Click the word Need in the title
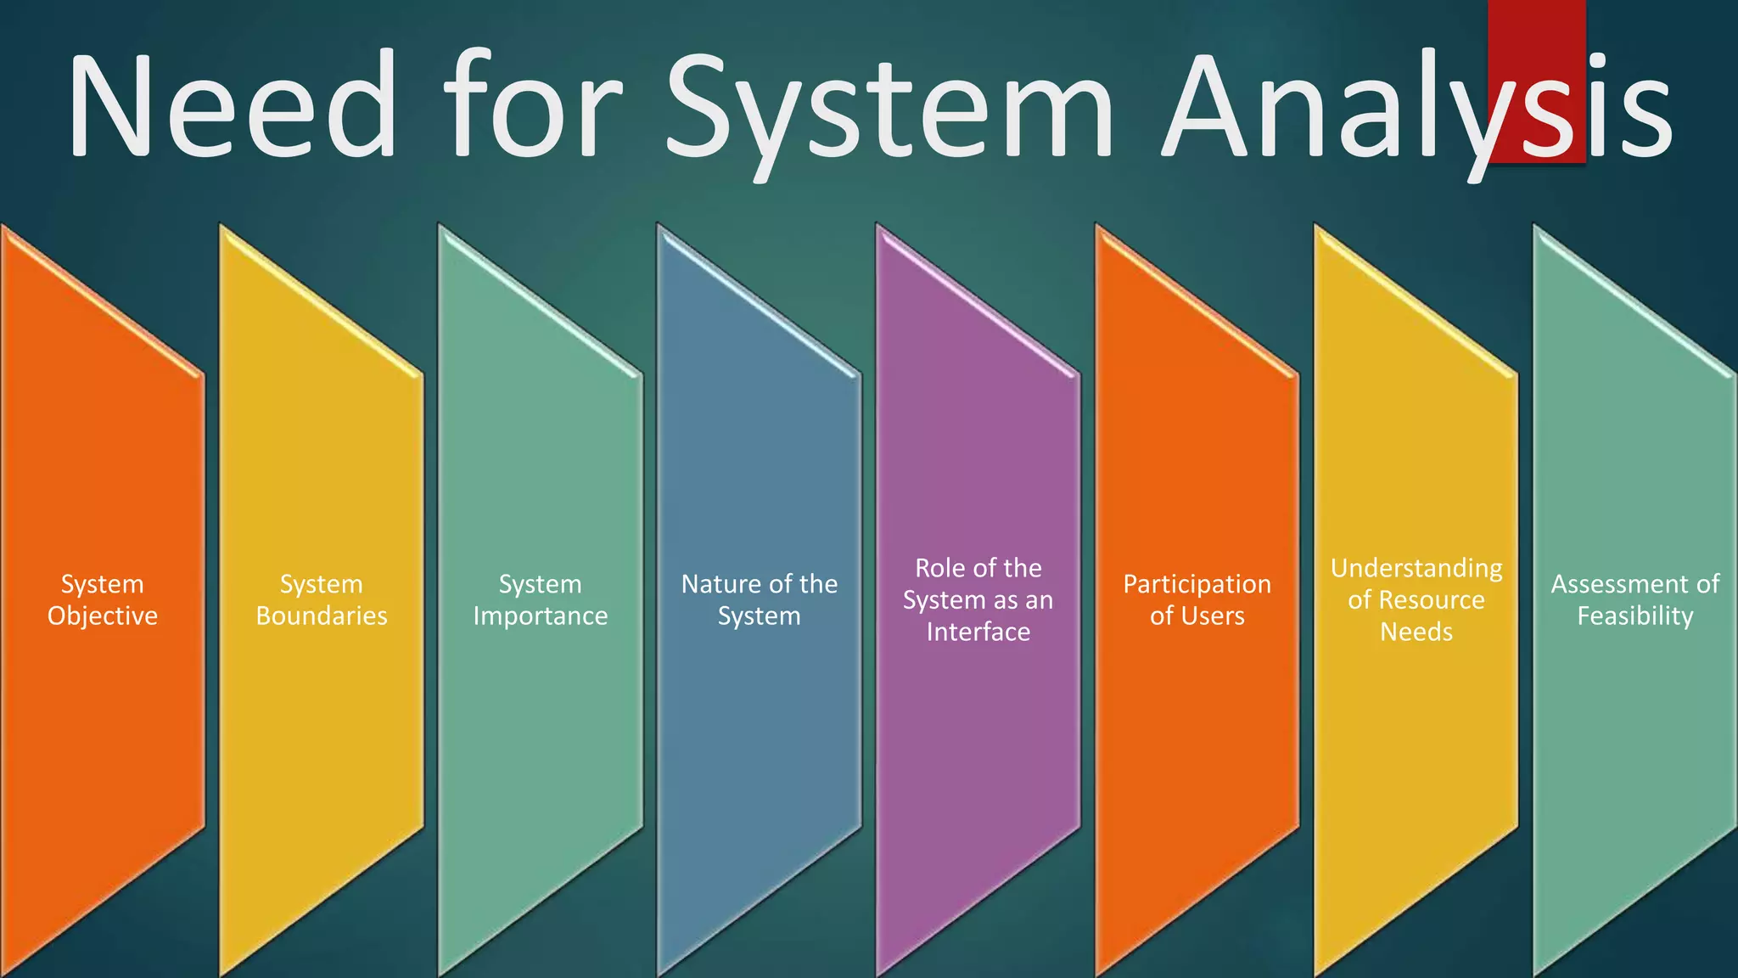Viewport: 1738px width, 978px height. pos(232,106)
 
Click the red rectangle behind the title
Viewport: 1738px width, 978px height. pos(1536,34)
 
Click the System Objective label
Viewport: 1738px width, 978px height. pos(103,599)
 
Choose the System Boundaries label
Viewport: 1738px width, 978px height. pos(322,599)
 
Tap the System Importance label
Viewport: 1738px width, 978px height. pos(541,599)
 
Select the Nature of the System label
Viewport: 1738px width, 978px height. pos(760,599)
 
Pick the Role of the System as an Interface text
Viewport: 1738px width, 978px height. pos(978,599)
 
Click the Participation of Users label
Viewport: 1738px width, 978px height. pos(1197,599)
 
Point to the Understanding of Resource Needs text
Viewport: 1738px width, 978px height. pos(1416,599)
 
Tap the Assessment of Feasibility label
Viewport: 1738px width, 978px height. pos(1635,599)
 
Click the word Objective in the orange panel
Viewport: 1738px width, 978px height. pos(103,616)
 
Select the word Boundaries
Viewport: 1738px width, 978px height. pos(322,615)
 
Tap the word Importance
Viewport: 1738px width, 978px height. pos(541,616)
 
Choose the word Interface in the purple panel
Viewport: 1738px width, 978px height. pos(978,632)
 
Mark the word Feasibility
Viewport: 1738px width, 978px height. pos(1635,616)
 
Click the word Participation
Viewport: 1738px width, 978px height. pos(1197,585)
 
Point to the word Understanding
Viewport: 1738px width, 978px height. pos(1416,569)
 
